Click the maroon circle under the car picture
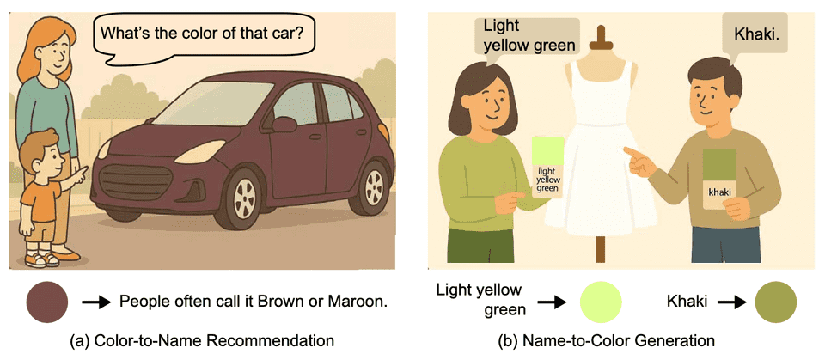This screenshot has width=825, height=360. pos(46,302)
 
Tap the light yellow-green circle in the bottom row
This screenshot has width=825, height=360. pos(601,302)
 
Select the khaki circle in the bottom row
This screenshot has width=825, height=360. pos(775,302)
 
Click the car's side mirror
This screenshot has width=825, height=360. pos(284,125)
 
